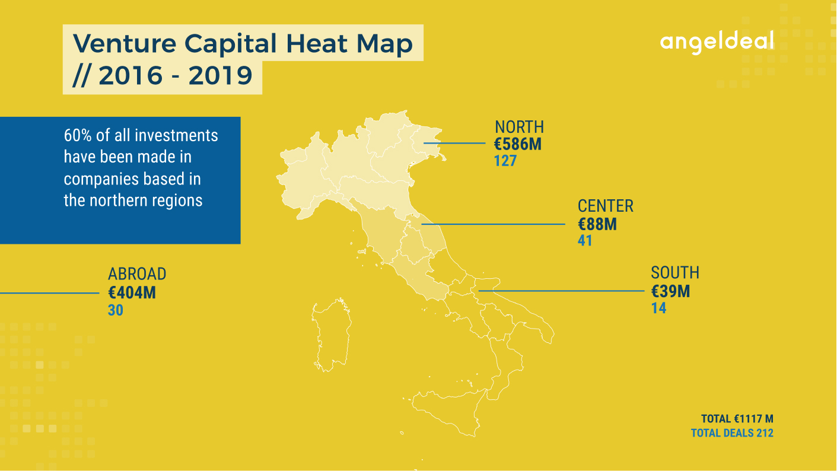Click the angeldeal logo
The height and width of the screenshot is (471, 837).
pos(717,42)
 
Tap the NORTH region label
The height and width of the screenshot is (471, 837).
pos(520,127)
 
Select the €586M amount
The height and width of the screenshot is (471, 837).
pos(517,144)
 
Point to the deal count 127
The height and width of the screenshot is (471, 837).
pos(505,161)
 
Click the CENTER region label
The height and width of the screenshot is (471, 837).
pos(605,206)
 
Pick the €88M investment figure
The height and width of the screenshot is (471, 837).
pos(597,224)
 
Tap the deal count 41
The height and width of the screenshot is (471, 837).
pos(585,240)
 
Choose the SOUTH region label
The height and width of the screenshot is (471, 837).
pos(675,272)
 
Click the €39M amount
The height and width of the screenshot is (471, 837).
pos(670,291)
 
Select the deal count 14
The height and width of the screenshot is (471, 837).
pos(659,308)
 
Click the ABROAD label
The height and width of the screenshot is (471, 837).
pos(137,274)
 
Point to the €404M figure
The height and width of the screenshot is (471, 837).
pos(132,292)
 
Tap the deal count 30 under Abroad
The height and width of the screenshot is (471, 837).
pos(116,310)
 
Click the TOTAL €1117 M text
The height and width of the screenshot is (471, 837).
pos(737,419)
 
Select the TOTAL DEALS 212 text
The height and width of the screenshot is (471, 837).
pos(732,433)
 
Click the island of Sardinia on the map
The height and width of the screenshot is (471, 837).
pos(331,335)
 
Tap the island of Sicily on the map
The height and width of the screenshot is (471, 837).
pos(448,411)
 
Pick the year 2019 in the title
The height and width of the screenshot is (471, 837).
pos(221,75)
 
